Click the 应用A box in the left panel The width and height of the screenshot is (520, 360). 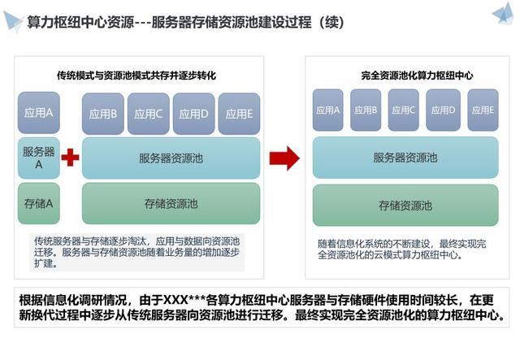tap(38, 113)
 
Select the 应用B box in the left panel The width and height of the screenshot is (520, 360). tap(102, 114)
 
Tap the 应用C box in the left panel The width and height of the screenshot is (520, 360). tap(148, 114)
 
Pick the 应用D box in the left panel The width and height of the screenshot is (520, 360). tap(193, 114)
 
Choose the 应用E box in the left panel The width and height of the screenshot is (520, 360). tap(239, 114)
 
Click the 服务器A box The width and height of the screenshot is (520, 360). tap(38, 158)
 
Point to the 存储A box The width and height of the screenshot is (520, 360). tap(38, 203)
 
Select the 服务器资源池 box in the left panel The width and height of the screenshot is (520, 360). tap(171, 158)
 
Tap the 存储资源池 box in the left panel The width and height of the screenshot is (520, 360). tap(171, 203)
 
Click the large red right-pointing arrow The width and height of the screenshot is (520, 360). tap(284, 157)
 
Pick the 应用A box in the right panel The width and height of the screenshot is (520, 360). tap(328, 110)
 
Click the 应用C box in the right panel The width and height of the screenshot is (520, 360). tap(404, 110)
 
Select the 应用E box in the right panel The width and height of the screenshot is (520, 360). tap(481, 110)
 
